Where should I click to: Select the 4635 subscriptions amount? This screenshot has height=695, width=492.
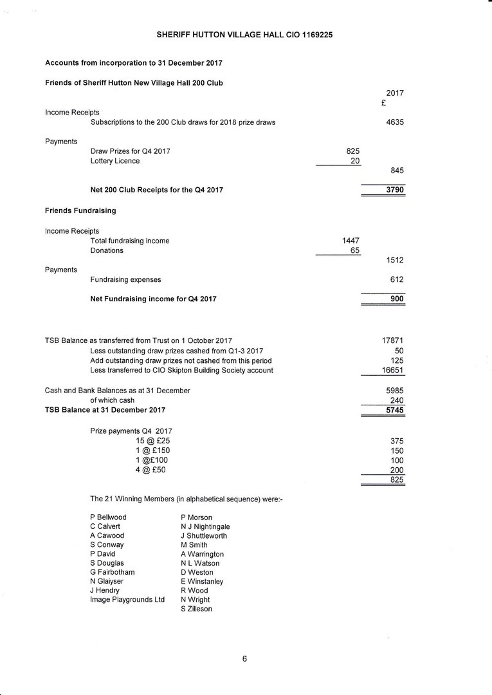394,122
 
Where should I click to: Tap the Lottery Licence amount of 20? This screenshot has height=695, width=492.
354,161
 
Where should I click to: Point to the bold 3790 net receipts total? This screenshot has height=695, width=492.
394,190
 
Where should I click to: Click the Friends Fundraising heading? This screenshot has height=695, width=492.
80,210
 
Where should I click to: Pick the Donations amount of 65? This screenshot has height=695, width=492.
354,250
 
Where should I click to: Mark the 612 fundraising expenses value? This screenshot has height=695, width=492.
397,279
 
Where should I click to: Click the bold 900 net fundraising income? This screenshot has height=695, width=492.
397,299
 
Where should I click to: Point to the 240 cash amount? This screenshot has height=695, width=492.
397,400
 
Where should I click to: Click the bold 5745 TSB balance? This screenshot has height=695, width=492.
394,410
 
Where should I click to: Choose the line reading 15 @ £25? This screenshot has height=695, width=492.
153,441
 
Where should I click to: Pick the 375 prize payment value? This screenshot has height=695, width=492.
397,441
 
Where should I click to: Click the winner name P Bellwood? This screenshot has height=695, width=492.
108,517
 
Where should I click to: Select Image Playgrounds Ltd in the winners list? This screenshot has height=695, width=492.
127,600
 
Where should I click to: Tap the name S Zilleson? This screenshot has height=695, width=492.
196,609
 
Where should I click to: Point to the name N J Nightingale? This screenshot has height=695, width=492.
205,526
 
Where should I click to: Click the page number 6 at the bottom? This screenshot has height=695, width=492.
245,658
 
